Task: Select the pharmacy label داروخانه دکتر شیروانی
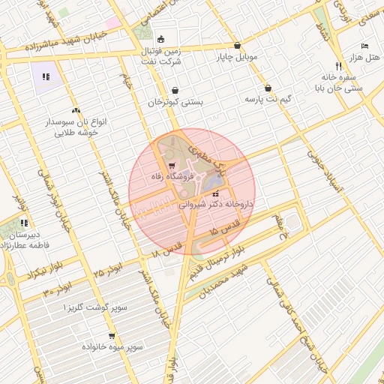(x=216, y=203)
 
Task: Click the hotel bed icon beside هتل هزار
(x=364, y=46)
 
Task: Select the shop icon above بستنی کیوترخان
(x=175, y=91)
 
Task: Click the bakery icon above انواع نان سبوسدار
(x=76, y=110)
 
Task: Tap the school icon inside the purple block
(x=45, y=76)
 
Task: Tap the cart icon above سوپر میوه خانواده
(x=112, y=337)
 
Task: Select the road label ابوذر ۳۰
(x=56, y=289)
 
